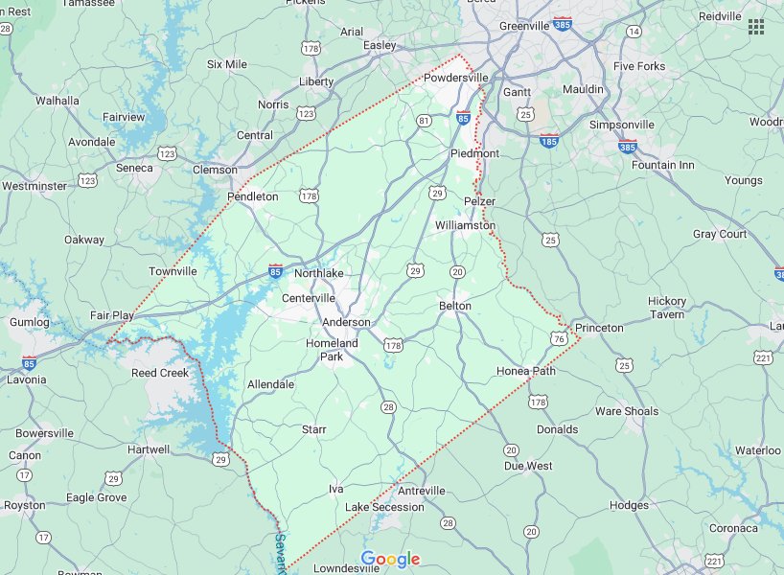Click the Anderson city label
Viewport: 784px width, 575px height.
(346, 322)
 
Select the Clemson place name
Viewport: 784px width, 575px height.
(215, 170)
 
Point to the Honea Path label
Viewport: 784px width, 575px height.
(526, 371)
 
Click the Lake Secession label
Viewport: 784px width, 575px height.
(384, 507)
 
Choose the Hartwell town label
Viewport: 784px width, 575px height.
(149, 449)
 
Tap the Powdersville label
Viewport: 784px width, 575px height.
(457, 78)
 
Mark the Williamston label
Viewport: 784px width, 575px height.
(465, 225)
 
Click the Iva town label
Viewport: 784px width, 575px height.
(335, 489)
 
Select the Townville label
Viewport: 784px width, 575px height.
(173, 271)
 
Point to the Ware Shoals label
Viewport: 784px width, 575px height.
(627, 411)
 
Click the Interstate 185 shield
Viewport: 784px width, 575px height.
(549, 141)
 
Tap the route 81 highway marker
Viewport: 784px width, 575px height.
(424, 120)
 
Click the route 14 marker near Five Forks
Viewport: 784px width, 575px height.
(634, 32)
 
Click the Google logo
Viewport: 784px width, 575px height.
(391, 560)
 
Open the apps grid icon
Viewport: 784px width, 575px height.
(756, 26)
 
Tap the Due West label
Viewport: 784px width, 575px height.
(528, 466)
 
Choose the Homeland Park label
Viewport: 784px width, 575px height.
(332, 350)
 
